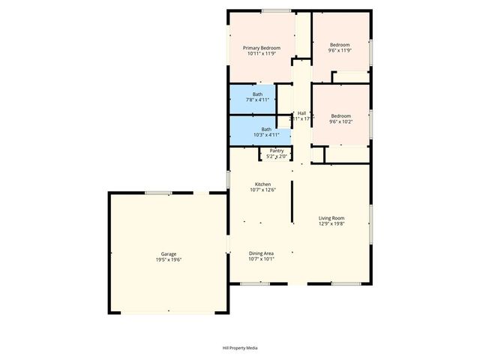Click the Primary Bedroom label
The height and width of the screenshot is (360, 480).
pyautogui.click(x=261, y=48)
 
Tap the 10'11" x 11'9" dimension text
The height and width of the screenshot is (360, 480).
pyautogui.click(x=261, y=54)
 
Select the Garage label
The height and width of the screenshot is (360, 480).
pyautogui.click(x=169, y=254)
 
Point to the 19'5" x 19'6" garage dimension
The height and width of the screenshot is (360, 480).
pyautogui.click(x=169, y=260)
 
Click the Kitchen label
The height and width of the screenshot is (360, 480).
pyautogui.click(x=262, y=184)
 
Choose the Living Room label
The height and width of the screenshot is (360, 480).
pyautogui.click(x=331, y=217)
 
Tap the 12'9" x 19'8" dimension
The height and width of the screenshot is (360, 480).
pyautogui.click(x=331, y=223)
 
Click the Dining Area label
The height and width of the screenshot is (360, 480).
pyautogui.click(x=262, y=253)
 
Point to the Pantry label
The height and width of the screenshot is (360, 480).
pyautogui.click(x=277, y=151)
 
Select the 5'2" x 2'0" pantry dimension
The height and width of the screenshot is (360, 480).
pyautogui.click(x=277, y=157)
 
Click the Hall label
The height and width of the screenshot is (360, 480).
pyautogui.click(x=301, y=113)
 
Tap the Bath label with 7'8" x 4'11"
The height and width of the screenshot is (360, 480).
pyautogui.click(x=257, y=94)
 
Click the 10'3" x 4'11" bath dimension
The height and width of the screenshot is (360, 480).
pyautogui.click(x=266, y=135)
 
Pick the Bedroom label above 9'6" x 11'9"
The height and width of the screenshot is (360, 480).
pyautogui.click(x=340, y=44)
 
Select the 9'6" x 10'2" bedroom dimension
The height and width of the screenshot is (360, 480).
pyautogui.click(x=341, y=121)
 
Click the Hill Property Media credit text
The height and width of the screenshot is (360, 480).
pyautogui.click(x=240, y=348)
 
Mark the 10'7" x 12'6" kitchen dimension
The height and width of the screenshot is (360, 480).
pyautogui.click(x=262, y=190)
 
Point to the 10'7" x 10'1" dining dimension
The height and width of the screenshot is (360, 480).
pyautogui.click(x=262, y=259)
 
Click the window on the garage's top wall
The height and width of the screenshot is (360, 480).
pyautogui.click(x=158, y=193)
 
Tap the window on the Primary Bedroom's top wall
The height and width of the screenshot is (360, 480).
pyautogui.click(x=275, y=10)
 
